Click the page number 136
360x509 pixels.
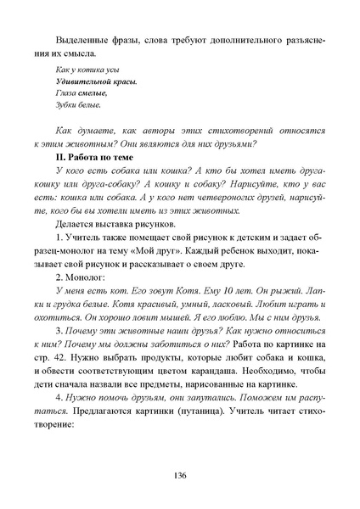tap(180, 476)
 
